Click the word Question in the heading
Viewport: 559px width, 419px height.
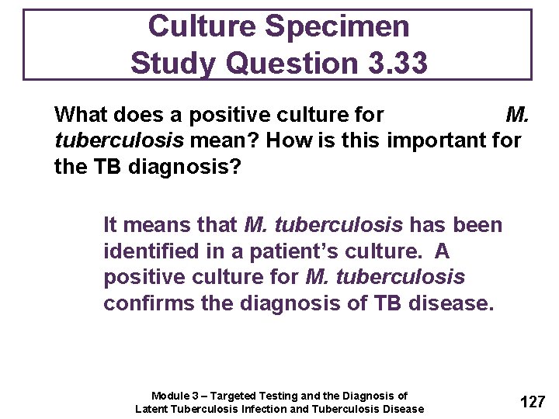pos(278,63)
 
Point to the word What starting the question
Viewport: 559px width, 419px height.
pos(82,116)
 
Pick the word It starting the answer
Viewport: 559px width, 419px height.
pos(112,226)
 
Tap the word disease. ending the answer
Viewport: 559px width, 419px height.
pos(451,303)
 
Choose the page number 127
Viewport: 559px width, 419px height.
pos(533,402)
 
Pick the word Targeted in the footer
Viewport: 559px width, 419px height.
pos(234,396)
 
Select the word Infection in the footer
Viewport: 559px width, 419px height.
pos(260,409)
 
